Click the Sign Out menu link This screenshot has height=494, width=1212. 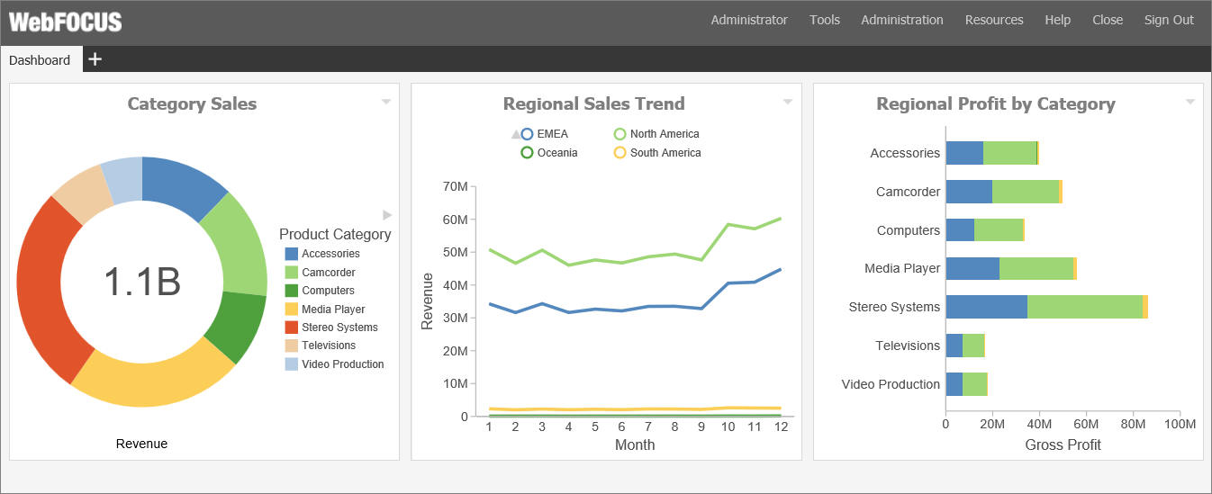tap(1168, 20)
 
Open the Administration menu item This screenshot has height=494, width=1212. tap(902, 20)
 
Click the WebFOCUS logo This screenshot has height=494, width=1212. tap(66, 22)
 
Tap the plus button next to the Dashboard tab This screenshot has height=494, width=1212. tap(95, 58)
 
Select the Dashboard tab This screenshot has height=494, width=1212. tap(40, 60)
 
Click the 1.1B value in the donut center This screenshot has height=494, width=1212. tap(141, 282)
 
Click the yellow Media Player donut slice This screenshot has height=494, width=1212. tap(151, 378)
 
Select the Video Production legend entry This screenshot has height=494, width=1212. tap(334, 364)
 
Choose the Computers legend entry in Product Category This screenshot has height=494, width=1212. tap(320, 291)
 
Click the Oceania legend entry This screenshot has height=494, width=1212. tap(548, 152)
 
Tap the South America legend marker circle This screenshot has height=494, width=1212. tap(620, 152)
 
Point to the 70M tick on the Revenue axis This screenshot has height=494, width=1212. tap(455, 186)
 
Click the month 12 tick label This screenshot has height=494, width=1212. tap(781, 427)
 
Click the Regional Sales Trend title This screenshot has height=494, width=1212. tap(593, 103)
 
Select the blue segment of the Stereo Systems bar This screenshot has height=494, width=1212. tap(986, 307)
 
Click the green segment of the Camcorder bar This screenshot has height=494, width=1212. tap(1026, 192)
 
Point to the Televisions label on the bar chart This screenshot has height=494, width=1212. tap(908, 346)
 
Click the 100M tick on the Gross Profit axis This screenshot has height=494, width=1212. tap(1180, 424)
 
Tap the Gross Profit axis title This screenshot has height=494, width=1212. tap(1063, 445)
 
